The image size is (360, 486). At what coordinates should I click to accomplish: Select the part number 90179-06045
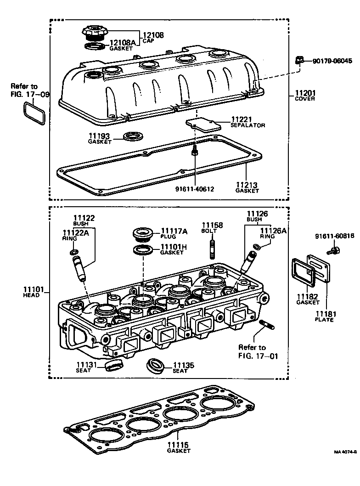tap(332, 61)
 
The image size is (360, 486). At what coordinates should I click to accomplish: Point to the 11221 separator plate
tap(202, 124)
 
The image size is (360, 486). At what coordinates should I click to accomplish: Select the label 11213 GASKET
tap(247, 188)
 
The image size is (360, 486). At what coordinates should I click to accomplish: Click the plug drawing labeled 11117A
tap(143, 234)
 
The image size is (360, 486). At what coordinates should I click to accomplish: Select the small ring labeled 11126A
tap(258, 247)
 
